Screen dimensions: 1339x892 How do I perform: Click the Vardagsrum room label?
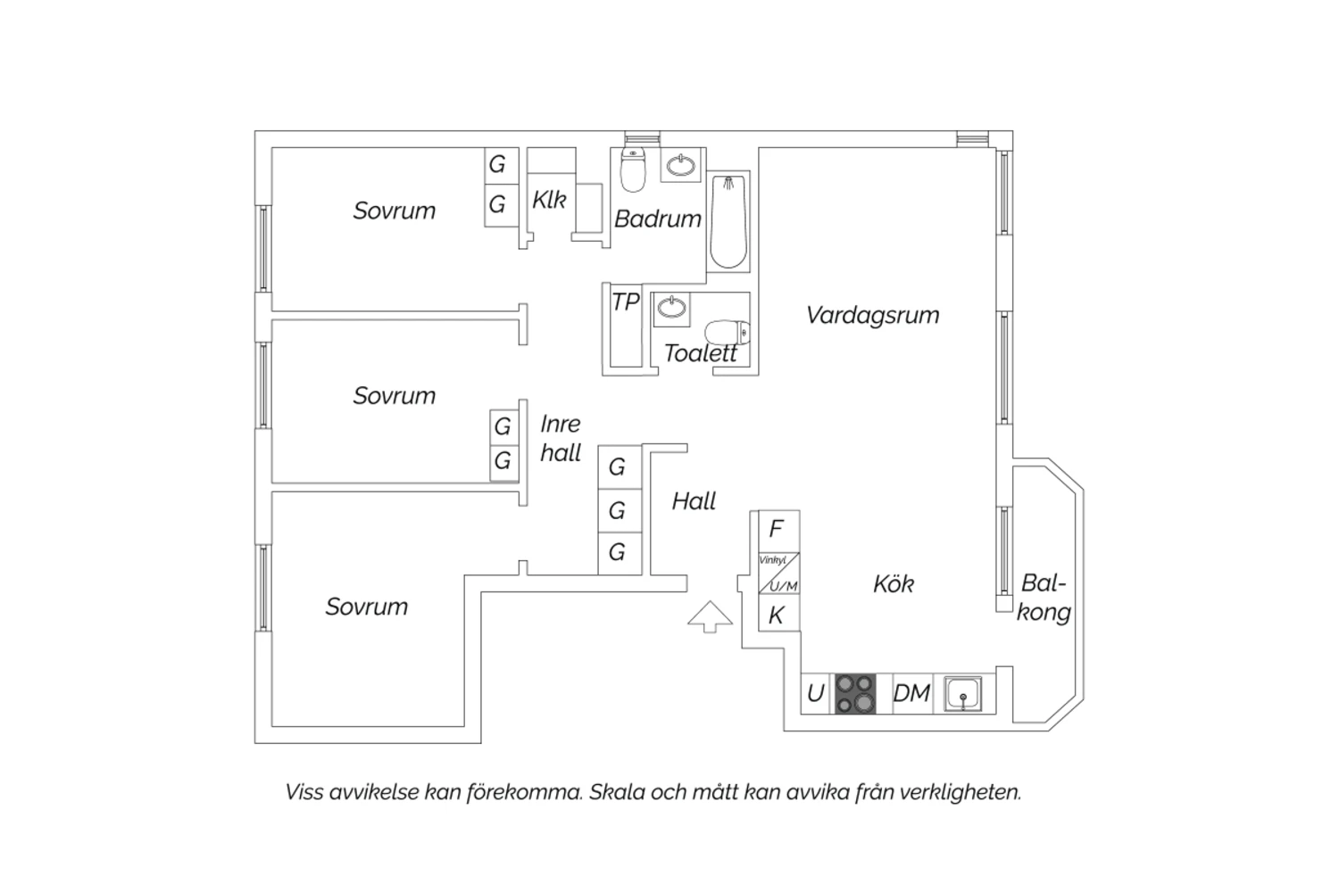click(x=872, y=316)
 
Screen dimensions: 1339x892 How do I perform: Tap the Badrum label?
click(x=658, y=219)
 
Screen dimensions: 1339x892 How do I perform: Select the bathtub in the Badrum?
click(x=728, y=221)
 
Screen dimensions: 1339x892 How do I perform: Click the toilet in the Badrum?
click(x=633, y=169)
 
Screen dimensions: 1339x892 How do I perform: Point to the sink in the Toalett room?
click(x=671, y=309)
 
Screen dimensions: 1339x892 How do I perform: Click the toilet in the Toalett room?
click(x=728, y=332)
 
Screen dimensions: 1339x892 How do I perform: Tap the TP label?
click(x=625, y=301)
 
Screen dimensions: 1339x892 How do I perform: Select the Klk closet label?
click(x=549, y=200)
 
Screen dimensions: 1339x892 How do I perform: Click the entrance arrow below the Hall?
click(x=710, y=616)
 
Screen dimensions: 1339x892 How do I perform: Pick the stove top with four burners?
click(x=855, y=694)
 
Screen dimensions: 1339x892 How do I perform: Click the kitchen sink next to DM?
click(x=963, y=694)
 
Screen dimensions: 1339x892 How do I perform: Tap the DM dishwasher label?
click(x=911, y=693)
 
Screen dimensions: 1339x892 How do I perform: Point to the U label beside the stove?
click(x=815, y=693)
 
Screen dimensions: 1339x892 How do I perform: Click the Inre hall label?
click(x=560, y=438)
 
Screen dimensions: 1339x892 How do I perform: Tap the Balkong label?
click(x=1044, y=598)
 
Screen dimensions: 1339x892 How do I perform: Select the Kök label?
click(x=893, y=583)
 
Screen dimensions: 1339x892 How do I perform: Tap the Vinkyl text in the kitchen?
click(x=772, y=560)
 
